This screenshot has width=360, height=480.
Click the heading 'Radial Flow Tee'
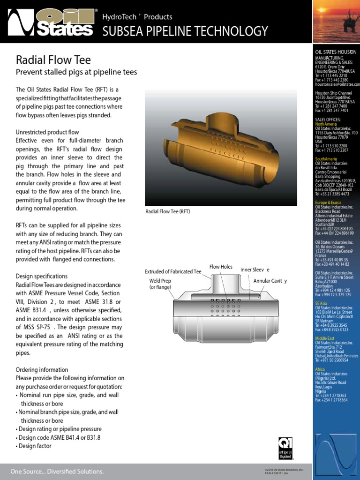53,60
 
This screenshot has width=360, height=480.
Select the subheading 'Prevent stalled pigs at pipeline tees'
76,72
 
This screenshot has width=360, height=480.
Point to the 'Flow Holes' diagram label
221,267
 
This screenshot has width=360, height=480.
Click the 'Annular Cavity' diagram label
270,281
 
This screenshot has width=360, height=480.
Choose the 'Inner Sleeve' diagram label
255,270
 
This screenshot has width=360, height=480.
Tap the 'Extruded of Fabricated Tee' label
172,271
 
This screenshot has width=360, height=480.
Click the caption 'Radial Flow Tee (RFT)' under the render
167,211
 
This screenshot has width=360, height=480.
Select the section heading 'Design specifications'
42,276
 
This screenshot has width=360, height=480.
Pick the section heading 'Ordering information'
42,370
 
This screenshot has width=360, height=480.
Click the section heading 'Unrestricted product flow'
47,132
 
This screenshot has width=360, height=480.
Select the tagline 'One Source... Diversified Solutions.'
57,471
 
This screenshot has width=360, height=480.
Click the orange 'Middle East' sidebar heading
325,338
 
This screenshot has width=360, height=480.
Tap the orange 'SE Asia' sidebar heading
321,303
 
